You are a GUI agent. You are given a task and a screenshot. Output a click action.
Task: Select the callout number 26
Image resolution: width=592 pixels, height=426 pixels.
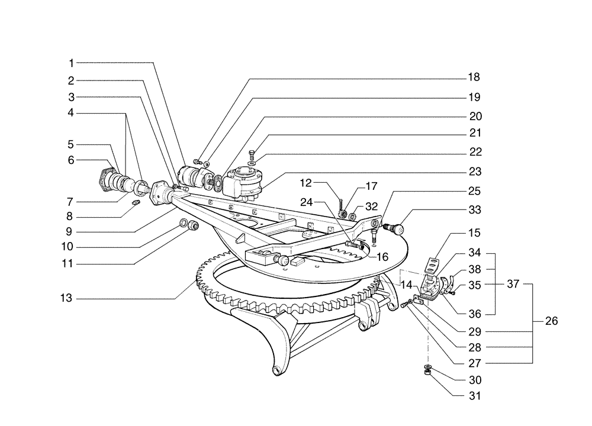click(551, 322)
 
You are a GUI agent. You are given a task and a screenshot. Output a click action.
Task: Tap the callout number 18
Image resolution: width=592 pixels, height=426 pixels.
click(474, 78)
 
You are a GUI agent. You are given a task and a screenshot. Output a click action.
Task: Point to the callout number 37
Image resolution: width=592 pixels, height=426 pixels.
click(513, 284)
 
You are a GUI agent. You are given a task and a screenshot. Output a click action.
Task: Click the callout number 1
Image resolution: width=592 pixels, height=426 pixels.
click(70, 62)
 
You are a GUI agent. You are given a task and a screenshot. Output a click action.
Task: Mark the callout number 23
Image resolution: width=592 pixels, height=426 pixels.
click(474, 172)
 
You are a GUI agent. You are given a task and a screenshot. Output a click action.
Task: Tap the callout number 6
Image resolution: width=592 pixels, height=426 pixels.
click(70, 160)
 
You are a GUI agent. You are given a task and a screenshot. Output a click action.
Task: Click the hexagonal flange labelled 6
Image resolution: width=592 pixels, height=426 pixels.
click(105, 176)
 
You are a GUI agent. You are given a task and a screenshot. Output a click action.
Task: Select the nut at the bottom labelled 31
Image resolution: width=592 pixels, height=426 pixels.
click(426, 373)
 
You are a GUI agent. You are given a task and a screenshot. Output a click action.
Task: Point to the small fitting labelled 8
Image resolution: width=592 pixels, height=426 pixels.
click(134, 203)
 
